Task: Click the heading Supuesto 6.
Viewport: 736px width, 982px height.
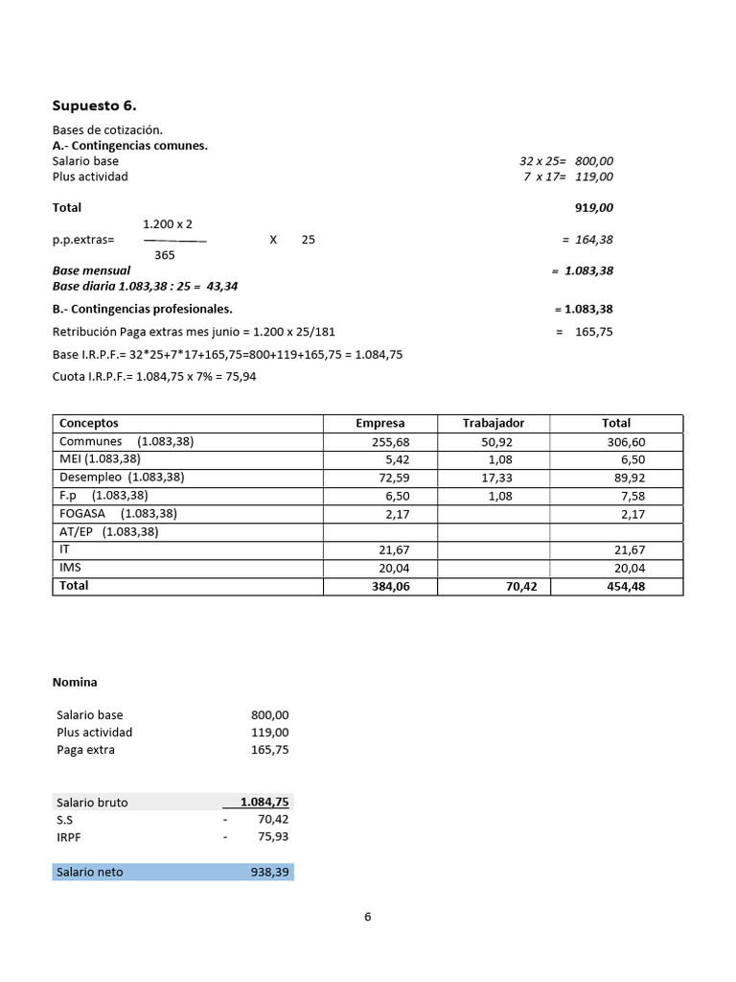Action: click(101, 105)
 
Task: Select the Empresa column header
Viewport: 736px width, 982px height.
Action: click(379, 423)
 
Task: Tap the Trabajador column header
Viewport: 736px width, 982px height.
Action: click(493, 423)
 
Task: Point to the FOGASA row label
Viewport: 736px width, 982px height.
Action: click(80, 513)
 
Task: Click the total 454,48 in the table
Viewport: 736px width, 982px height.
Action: click(625, 586)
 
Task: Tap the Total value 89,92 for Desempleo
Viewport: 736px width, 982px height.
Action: click(627, 477)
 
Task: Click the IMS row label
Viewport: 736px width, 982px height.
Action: click(70, 568)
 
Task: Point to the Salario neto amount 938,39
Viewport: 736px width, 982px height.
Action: click(268, 872)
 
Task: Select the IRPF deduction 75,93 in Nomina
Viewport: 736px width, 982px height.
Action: click(270, 837)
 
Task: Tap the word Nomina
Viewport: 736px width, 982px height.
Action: click(75, 682)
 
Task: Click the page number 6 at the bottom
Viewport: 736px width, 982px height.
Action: click(368, 916)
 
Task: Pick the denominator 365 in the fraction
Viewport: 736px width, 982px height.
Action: click(165, 255)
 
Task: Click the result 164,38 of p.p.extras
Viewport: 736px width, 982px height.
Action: click(593, 240)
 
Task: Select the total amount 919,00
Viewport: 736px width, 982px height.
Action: click(593, 207)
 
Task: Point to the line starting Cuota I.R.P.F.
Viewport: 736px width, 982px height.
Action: click(154, 377)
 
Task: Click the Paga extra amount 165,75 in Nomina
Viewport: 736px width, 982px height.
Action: click(268, 750)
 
